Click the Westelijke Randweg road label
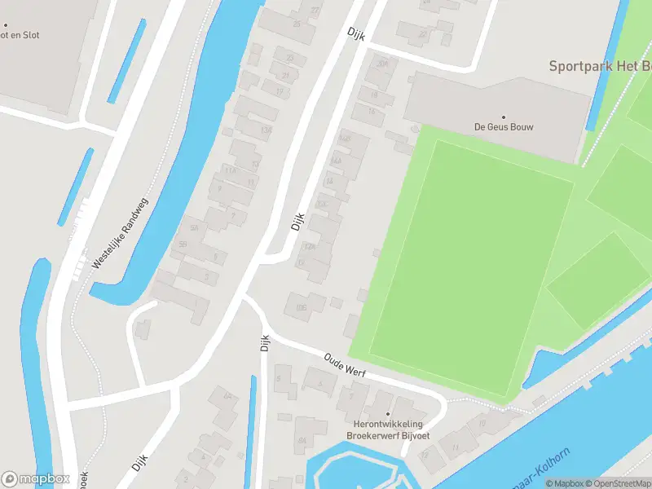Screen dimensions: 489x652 pyautogui.click(x=120, y=233)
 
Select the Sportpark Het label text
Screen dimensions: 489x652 pyautogui.click(x=599, y=66)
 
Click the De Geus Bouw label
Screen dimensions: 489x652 pyautogui.click(x=503, y=126)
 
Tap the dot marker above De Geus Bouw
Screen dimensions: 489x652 pyautogui.click(x=503, y=117)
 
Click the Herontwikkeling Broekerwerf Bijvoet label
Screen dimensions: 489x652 pyautogui.click(x=388, y=430)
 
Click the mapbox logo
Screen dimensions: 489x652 pyautogui.click(x=34, y=479)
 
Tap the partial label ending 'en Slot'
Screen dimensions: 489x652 pyautogui.click(x=20, y=35)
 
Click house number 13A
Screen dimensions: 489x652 pyautogui.click(x=265, y=130)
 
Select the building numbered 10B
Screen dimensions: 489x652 pyautogui.click(x=301, y=306)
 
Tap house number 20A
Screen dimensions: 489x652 pyautogui.click(x=381, y=64)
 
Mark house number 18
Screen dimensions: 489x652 pyautogui.click(x=374, y=95)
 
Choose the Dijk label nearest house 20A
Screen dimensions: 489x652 pyautogui.click(x=354, y=34)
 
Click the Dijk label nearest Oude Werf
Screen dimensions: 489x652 pyautogui.click(x=264, y=345)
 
